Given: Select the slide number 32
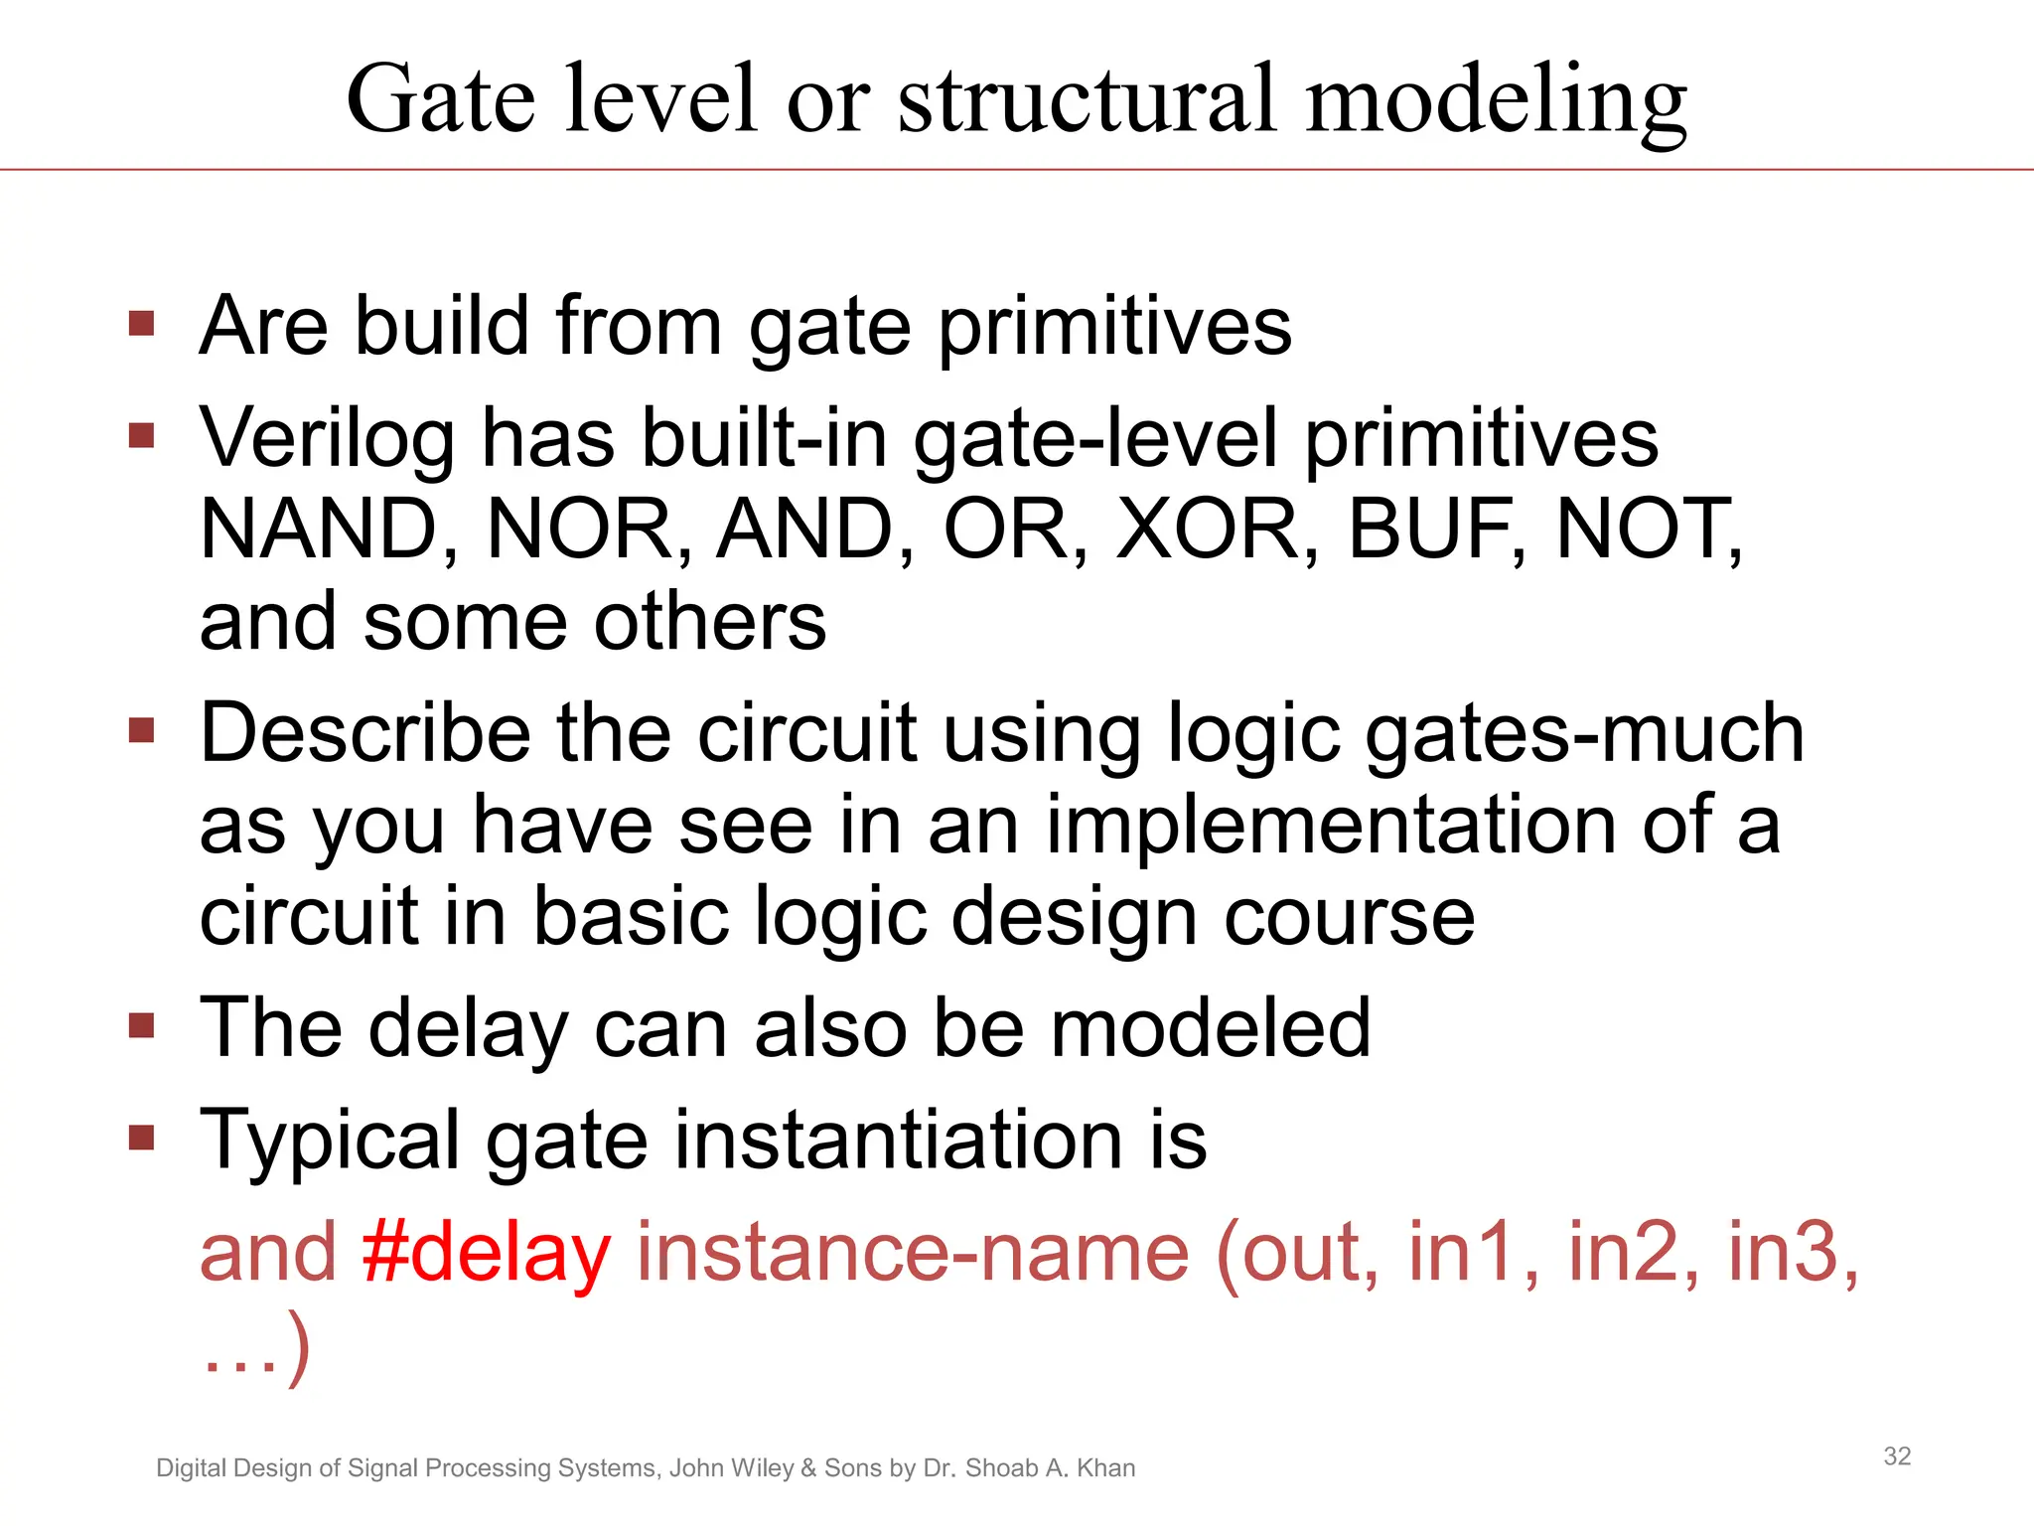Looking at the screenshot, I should [1897, 1456].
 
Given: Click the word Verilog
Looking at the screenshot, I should [327, 439].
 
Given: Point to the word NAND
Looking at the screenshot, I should [319, 530].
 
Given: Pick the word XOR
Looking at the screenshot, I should [1206, 530].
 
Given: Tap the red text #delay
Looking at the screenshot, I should [486, 1253].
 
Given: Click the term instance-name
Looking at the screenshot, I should [912, 1253].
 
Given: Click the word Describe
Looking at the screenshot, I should [364, 733].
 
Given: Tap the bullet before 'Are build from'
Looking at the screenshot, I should [142, 324].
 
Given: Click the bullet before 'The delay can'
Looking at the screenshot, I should [142, 1025].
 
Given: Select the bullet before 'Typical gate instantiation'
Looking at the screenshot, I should [142, 1137].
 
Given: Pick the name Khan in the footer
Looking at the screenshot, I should [1104, 1468].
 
